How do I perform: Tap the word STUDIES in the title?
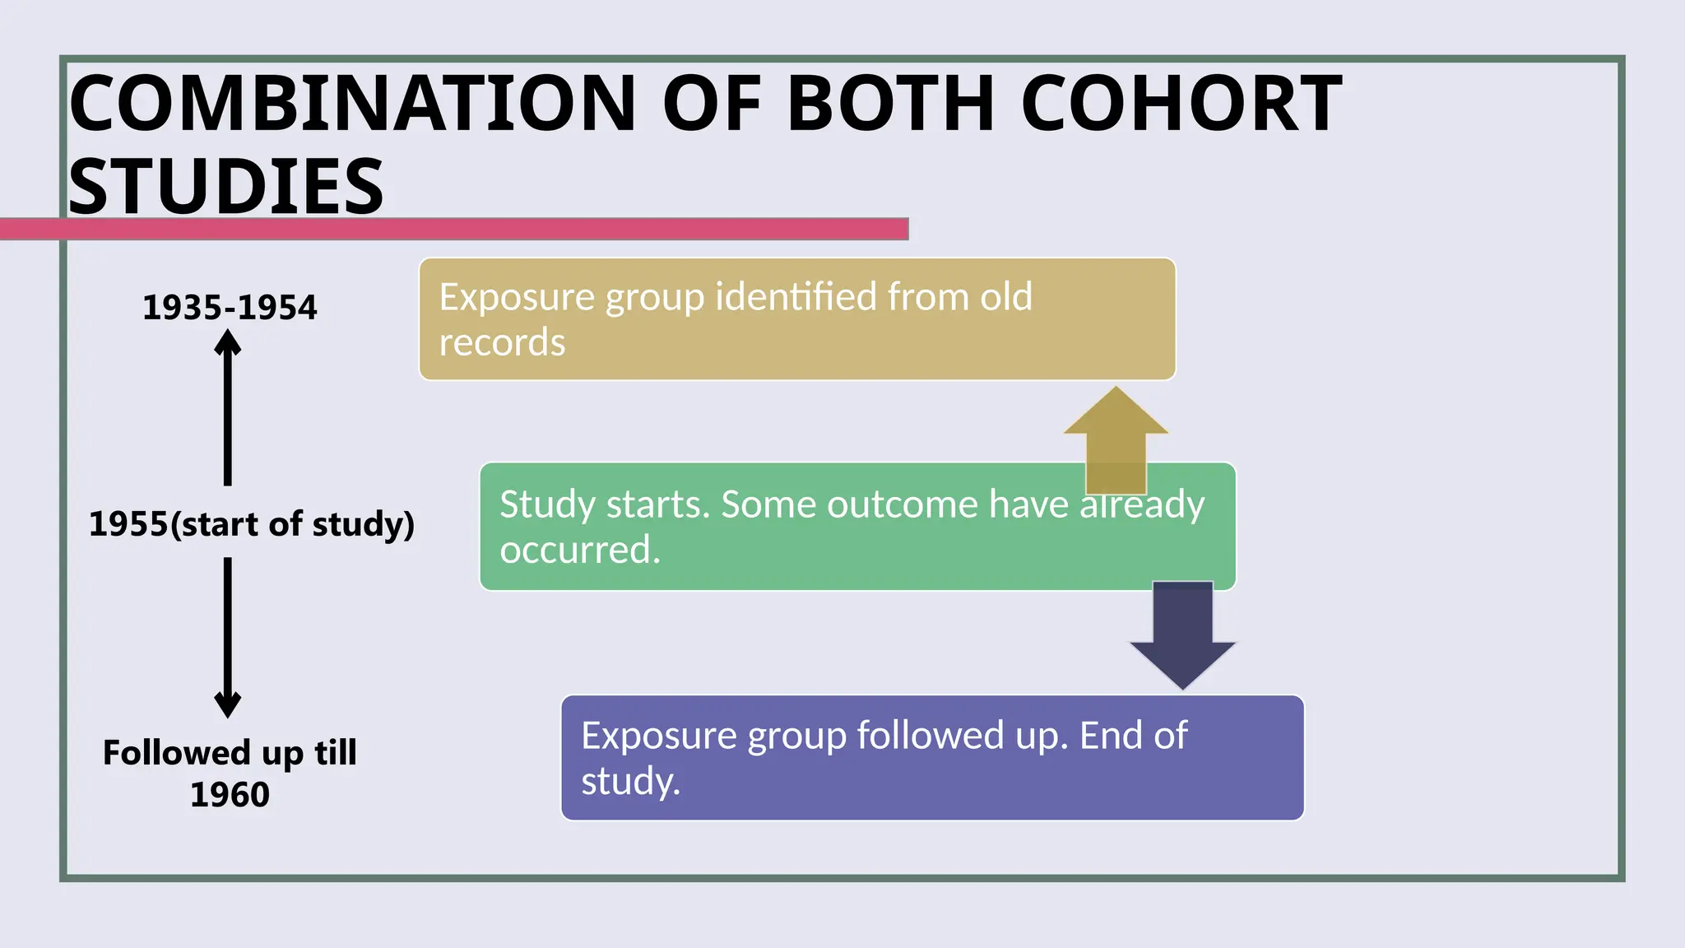(x=226, y=186)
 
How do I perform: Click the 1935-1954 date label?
(x=230, y=307)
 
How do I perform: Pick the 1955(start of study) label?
(x=252, y=524)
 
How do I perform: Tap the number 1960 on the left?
(x=230, y=794)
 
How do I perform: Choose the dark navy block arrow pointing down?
(x=1183, y=634)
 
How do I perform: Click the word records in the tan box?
(x=502, y=342)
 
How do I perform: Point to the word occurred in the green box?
(x=580, y=549)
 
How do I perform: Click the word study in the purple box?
(x=630, y=780)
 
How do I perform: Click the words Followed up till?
(x=230, y=752)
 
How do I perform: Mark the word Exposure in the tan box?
(x=517, y=296)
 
